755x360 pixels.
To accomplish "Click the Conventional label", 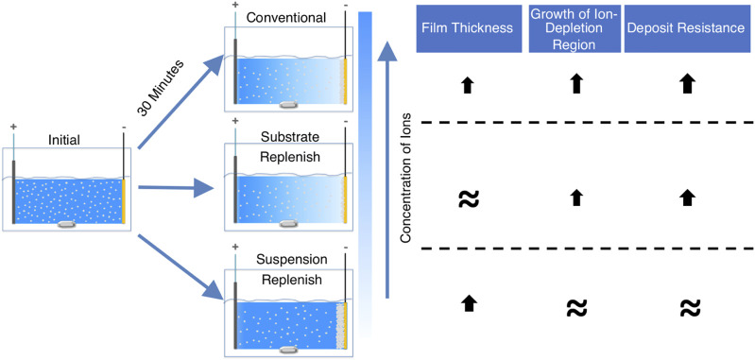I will click(287, 18).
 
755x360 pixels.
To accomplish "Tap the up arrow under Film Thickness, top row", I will click(465, 86).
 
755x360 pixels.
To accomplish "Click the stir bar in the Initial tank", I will click(68, 225).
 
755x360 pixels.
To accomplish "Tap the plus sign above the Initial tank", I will click(13, 127).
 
